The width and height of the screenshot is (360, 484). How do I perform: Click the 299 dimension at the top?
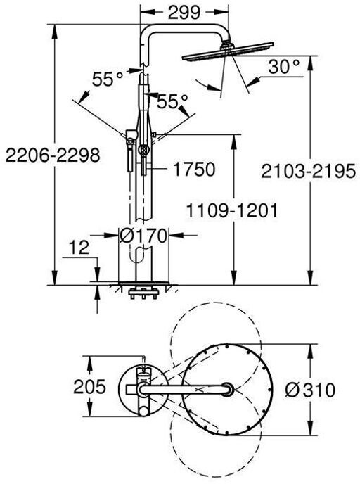click(x=184, y=13)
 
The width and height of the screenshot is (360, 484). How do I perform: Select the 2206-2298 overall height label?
click(x=53, y=155)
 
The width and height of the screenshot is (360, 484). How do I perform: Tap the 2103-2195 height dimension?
click(x=308, y=172)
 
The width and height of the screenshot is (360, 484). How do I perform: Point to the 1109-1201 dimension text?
click(x=231, y=211)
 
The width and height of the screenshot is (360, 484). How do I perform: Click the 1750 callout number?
click(x=194, y=169)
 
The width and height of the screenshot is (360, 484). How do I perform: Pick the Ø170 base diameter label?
click(x=143, y=236)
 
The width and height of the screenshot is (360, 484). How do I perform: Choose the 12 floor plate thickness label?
click(x=79, y=247)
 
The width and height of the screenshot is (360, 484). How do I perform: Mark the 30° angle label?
click(x=284, y=66)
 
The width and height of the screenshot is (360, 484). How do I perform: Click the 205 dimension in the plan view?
click(x=89, y=386)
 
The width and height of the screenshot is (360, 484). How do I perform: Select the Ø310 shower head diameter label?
click(x=309, y=390)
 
